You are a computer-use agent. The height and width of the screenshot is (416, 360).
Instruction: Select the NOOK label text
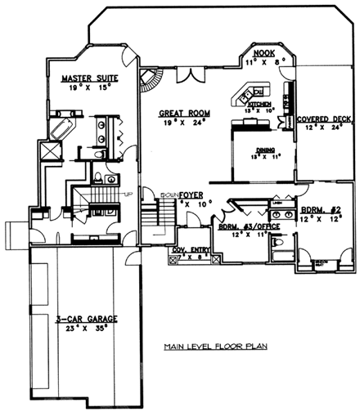tap(263, 51)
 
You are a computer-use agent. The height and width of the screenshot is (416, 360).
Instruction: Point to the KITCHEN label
tap(259, 105)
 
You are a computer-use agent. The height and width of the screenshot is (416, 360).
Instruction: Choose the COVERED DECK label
tap(325, 119)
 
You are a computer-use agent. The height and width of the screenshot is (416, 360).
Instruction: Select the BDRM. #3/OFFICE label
tap(243, 225)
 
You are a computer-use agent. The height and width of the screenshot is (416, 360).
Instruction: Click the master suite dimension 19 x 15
tap(92, 87)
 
